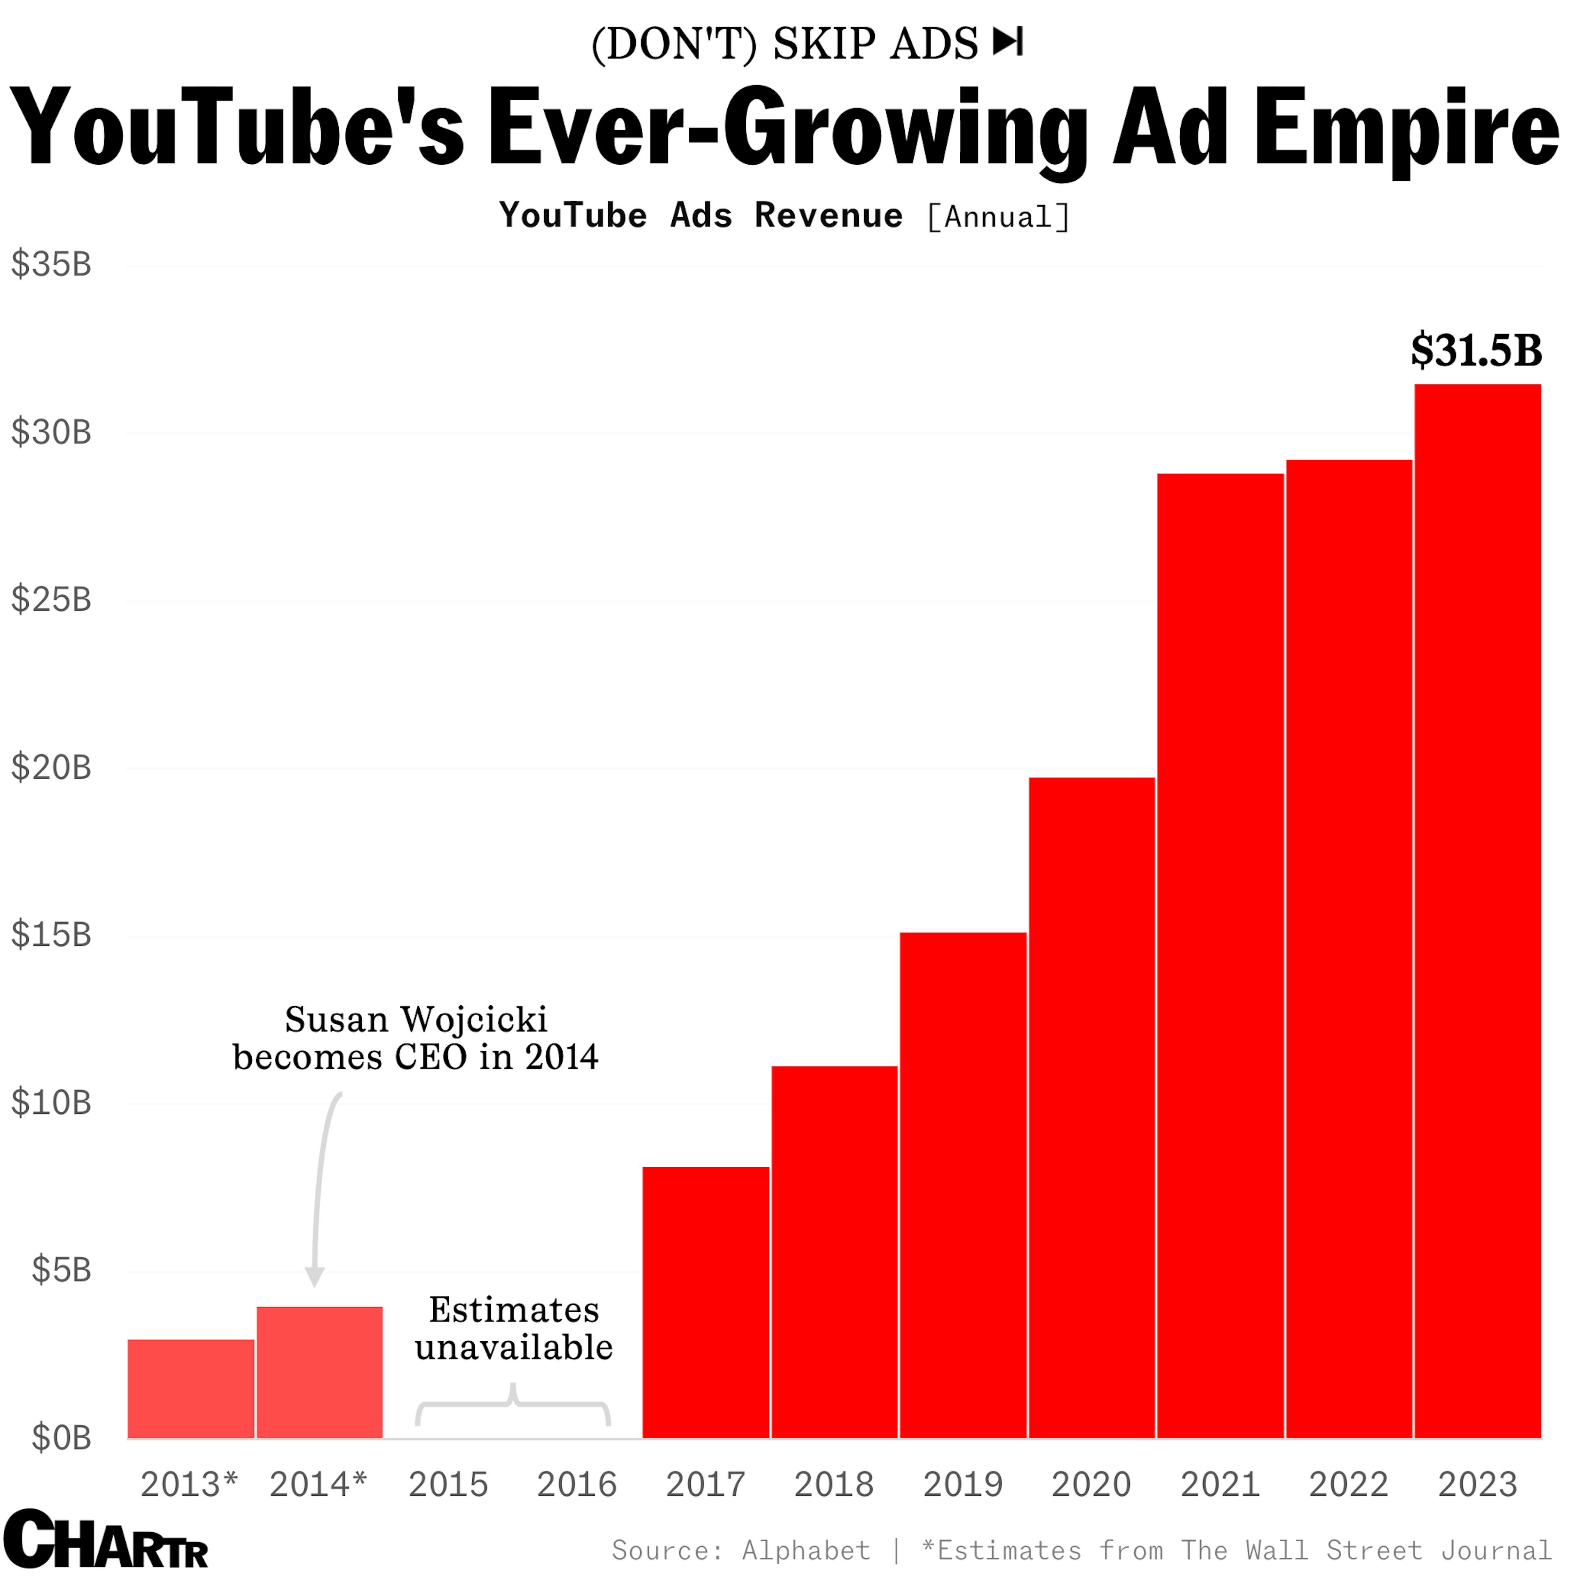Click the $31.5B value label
coord(1476,351)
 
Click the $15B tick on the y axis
coord(51,935)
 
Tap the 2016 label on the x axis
coord(576,1485)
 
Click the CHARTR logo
coord(106,1540)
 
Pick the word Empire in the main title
coord(1406,129)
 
